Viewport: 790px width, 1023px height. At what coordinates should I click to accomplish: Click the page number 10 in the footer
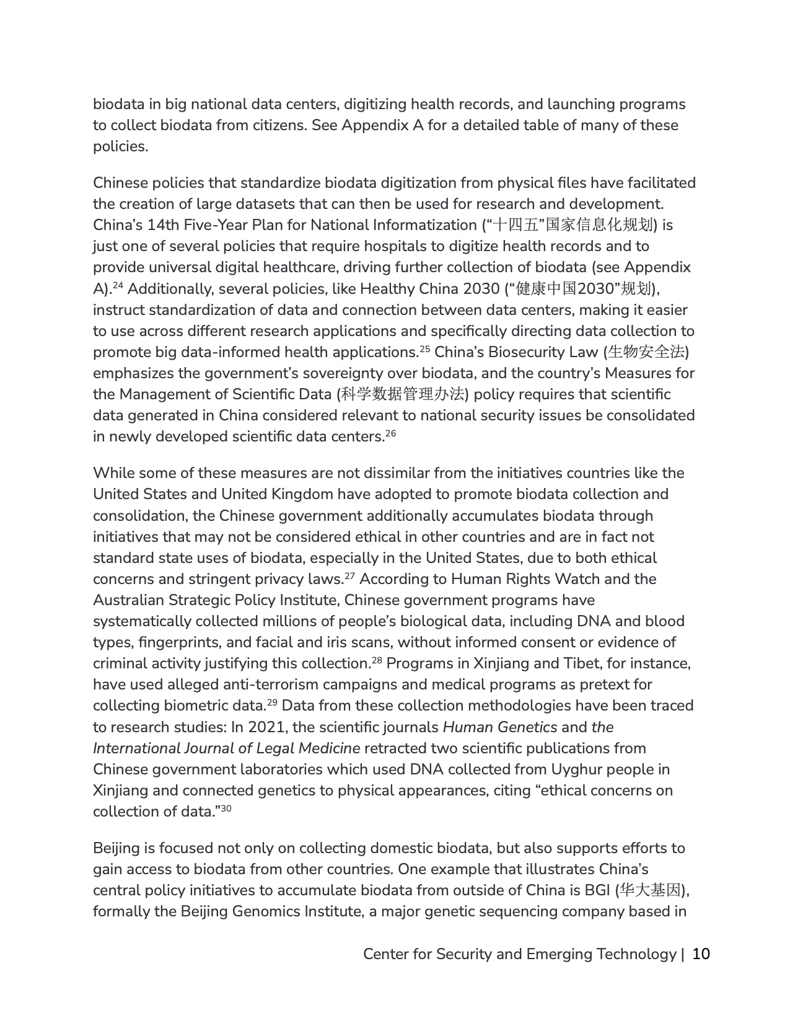coord(701,954)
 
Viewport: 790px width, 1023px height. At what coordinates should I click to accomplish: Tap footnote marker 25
coord(424,350)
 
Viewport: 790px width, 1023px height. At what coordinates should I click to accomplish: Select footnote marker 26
coord(390,434)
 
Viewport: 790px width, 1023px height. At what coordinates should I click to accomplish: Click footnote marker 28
coord(377,661)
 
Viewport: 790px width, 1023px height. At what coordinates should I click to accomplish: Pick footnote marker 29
coord(271,703)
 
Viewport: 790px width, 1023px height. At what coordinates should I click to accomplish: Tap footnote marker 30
coord(226,809)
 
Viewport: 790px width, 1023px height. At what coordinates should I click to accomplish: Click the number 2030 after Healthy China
coord(481,289)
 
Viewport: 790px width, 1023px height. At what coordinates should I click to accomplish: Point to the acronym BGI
coord(597,890)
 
